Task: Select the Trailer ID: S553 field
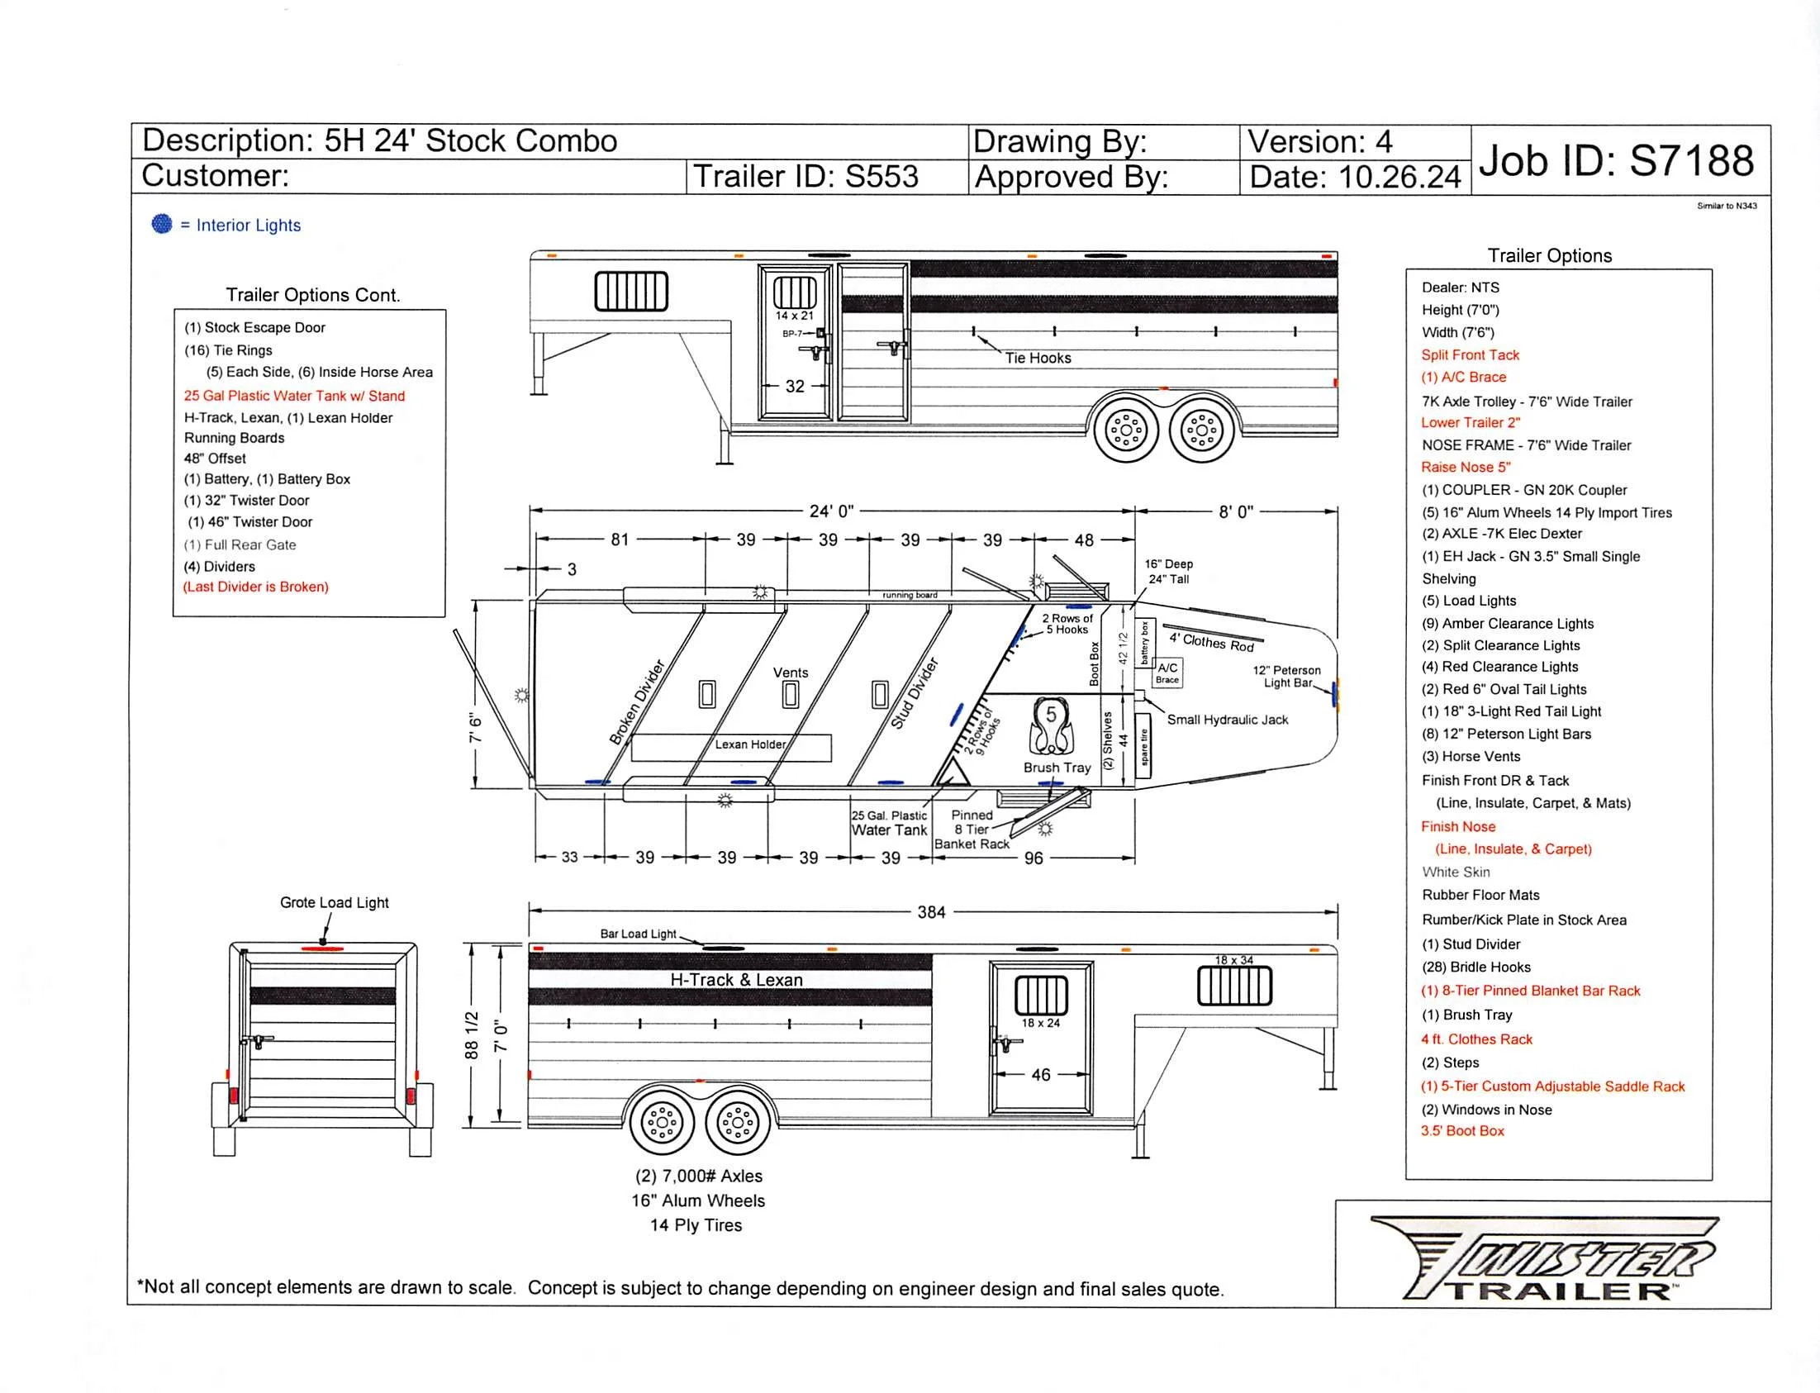click(805, 177)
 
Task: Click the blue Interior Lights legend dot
click(162, 224)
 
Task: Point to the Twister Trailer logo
click(1552, 1258)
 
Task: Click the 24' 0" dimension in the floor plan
click(831, 511)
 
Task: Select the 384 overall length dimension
click(930, 912)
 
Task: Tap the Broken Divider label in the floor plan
click(637, 702)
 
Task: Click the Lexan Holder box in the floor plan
click(731, 746)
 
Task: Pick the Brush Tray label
click(1057, 768)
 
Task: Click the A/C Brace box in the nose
click(1167, 673)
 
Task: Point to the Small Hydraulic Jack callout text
click(1227, 720)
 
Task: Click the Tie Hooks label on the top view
click(1038, 359)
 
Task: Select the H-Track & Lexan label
click(736, 980)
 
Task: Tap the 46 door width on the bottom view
click(1040, 1076)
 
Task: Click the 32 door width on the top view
click(794, 387)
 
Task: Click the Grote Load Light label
click(334, 903)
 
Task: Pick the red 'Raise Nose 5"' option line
click(1465, 468)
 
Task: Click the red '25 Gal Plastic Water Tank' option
click(294, 397)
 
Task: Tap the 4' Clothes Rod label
click(1211, 642)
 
